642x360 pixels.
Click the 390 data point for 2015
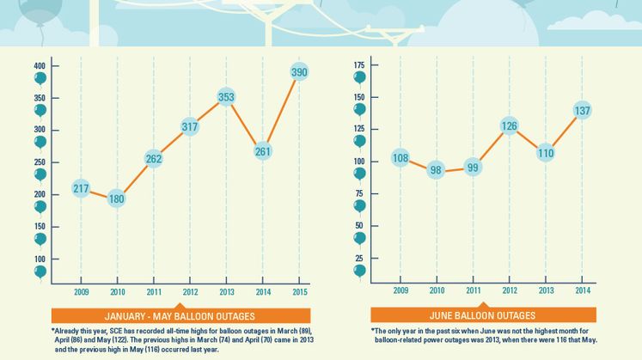pyautogui.click(x=299, y=73)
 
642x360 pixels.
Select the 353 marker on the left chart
pyautogui.click(x=226, y=97)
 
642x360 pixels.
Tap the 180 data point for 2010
pyautogui.click(x=117, y=199)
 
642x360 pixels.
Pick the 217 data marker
pyautogui.click(x=81, y=189)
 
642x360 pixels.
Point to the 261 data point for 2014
pyautogui.click(x=263, y=151)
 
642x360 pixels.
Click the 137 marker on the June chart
pyautogui.click(x=582, y=111)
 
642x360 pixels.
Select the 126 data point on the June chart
pyautogui.click(x=509, y=126)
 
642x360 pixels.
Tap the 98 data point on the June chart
pyautogui.click(x=436, y=170)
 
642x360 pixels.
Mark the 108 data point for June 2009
pyautogui.click(x=400, y=158)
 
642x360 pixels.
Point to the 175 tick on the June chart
pyautogui.click(x=359, y=66)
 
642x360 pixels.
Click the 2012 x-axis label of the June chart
pyautogui.click(x=509, y=291)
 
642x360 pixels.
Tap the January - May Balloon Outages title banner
pyautogui.click(x=180, y=315)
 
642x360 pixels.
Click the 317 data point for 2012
pyautogui.click(x=190, y=127)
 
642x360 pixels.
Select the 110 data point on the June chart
pyautogui.click(x=546, y=153)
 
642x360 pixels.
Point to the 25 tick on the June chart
pyautogui.click(x=359, y=258)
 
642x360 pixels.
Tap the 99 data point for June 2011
pyautogui.click(x=473, y=168)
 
